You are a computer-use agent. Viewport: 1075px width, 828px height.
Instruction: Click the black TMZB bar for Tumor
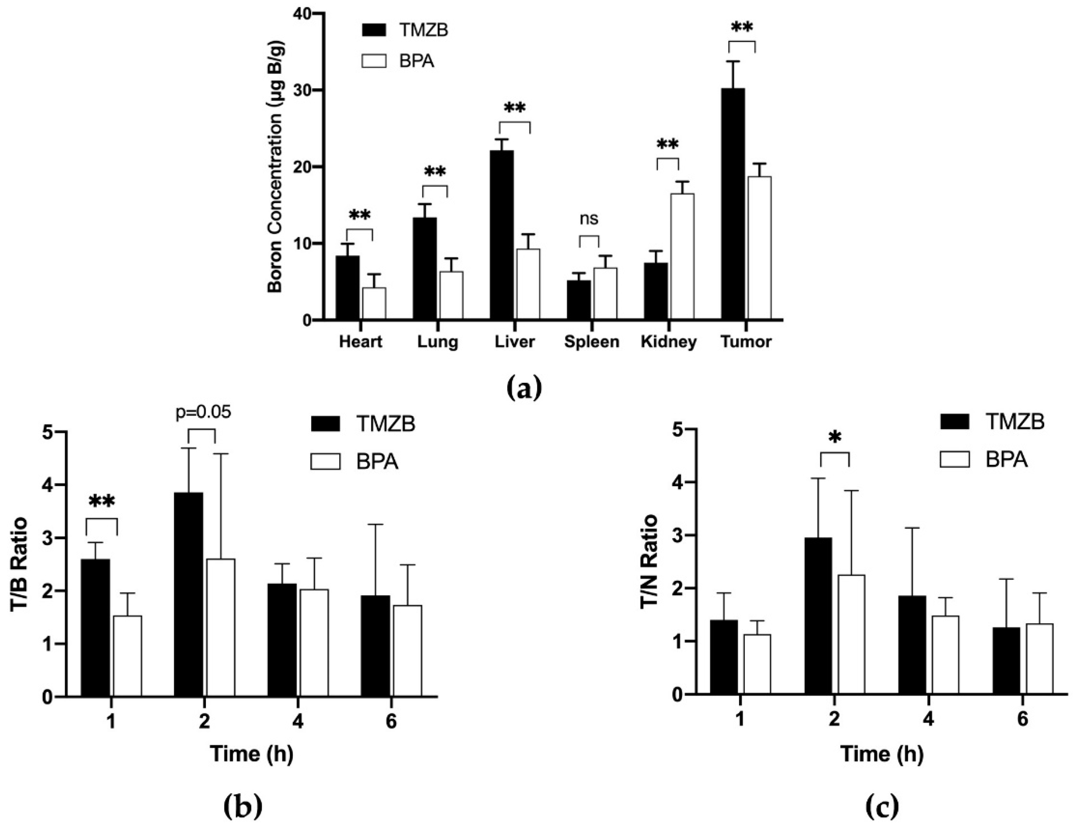tap(733, 204)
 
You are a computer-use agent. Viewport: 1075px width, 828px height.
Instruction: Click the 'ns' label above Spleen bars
tap(589, 218)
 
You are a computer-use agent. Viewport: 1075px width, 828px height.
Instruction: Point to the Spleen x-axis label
tap(592, 342)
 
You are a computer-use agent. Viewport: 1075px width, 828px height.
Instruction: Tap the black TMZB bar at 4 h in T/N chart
tap(912, 645)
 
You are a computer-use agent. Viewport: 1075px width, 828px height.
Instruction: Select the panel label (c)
tap(881, 806)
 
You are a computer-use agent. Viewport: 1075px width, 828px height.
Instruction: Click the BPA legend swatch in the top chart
tap(374, 62)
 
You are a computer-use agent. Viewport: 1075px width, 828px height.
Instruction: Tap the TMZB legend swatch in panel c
tap(955, 422)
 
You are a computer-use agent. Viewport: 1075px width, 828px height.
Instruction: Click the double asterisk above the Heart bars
tap(359, 215)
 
